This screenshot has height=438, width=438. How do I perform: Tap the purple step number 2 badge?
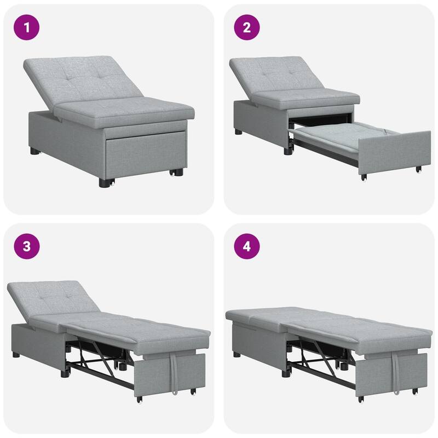(x=247, y=27)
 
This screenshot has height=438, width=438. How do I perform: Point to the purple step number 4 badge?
(x=247, y=246)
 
